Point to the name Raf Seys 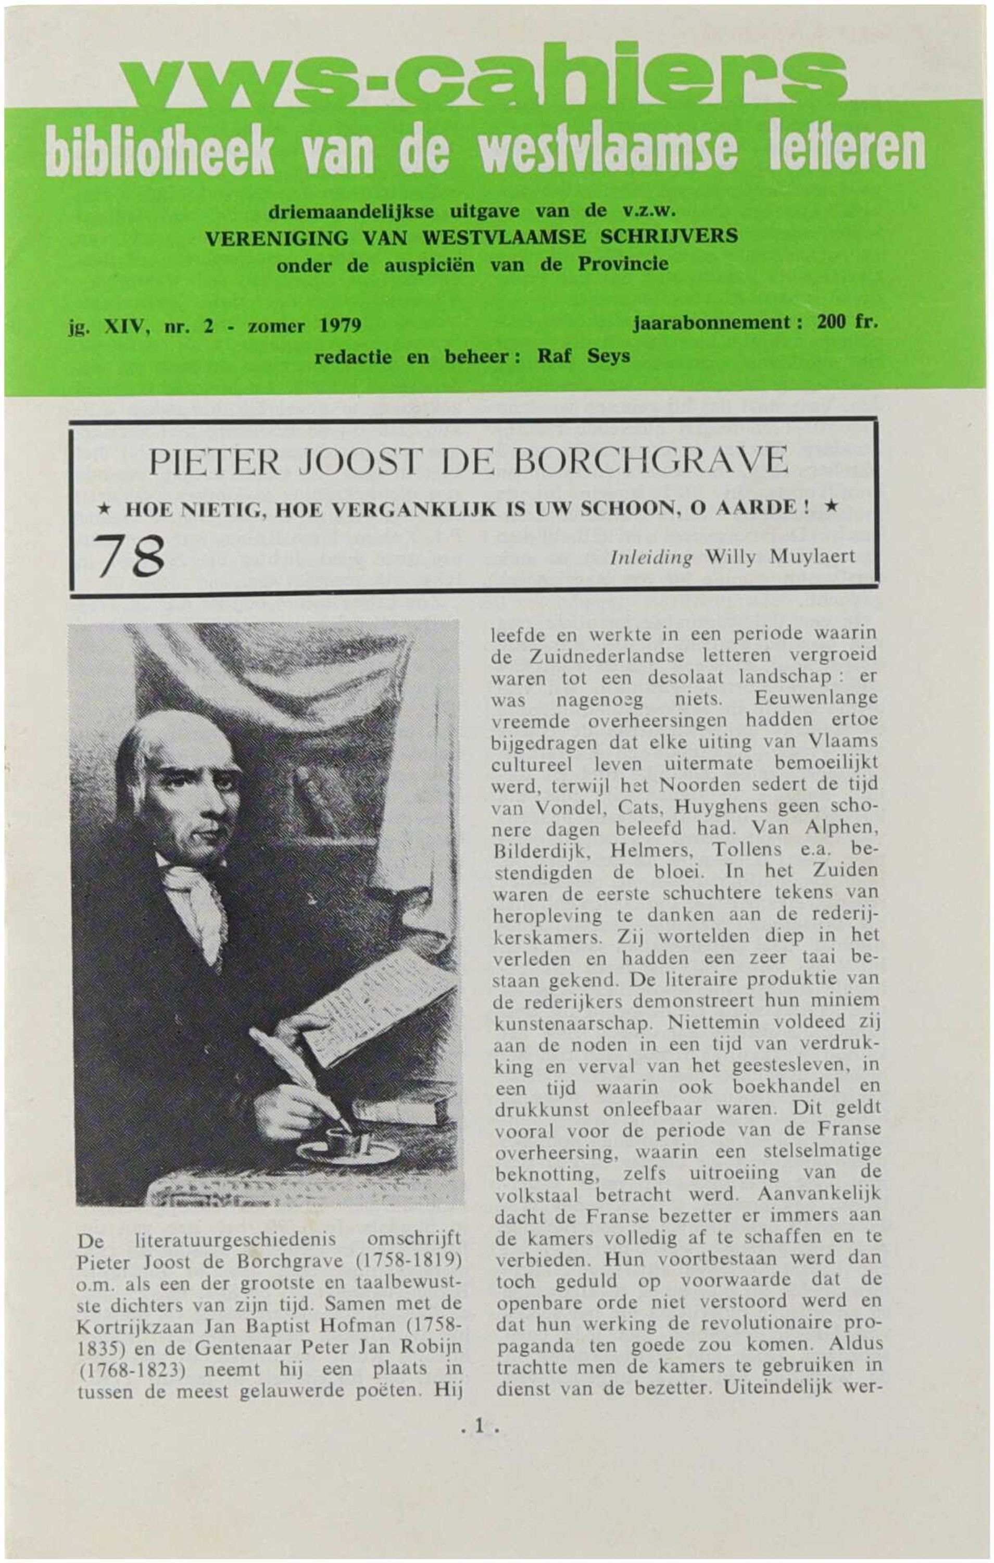point(583,356)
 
